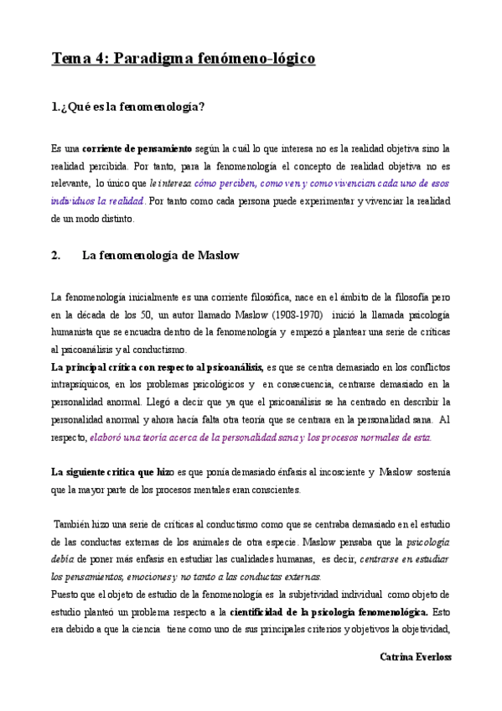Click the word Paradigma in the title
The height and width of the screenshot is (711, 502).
[x=154, y=59]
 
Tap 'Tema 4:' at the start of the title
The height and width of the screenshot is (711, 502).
[x=79, y=59]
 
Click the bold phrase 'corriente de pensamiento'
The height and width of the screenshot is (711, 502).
[x=137, y=148]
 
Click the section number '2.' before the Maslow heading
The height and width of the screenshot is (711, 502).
[x=56, y=257]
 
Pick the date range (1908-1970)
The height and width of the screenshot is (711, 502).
[x=292, y=314]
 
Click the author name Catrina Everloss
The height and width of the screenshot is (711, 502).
[x=415, y=657]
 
